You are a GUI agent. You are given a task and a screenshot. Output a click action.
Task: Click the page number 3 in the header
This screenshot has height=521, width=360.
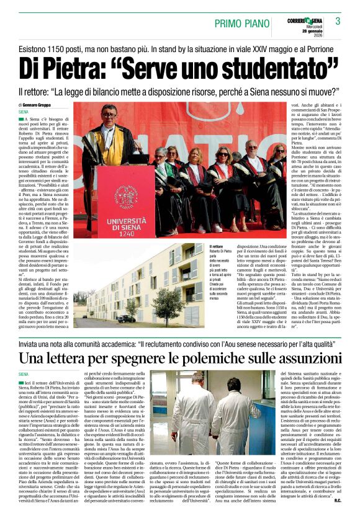[x=338, y=22]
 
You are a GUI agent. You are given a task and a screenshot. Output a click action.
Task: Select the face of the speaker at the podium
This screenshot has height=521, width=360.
[x=109, y=116]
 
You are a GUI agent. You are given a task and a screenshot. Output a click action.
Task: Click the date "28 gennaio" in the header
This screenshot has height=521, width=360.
[x=305, y=32]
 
